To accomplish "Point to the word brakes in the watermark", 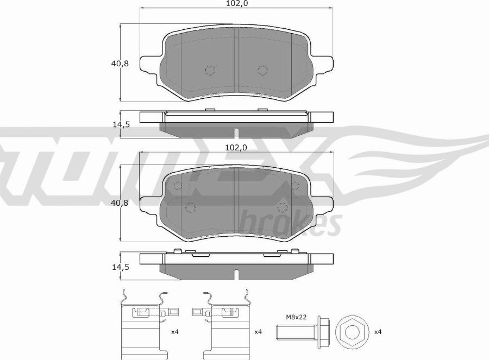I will click(290, 222).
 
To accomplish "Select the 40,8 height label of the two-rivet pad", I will click(120, 64).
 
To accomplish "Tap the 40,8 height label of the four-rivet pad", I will click(120, 204).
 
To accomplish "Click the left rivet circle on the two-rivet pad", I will click(210, 70).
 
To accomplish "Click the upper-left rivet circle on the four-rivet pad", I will click(177, 186).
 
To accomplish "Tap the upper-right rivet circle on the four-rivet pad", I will click(295, 186).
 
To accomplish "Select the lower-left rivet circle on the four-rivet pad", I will click(190, 207).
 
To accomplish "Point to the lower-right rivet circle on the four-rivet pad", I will click(282, 207).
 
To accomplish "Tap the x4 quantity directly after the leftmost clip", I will click(174, 331).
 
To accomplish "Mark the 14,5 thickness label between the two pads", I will click(120, 124).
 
